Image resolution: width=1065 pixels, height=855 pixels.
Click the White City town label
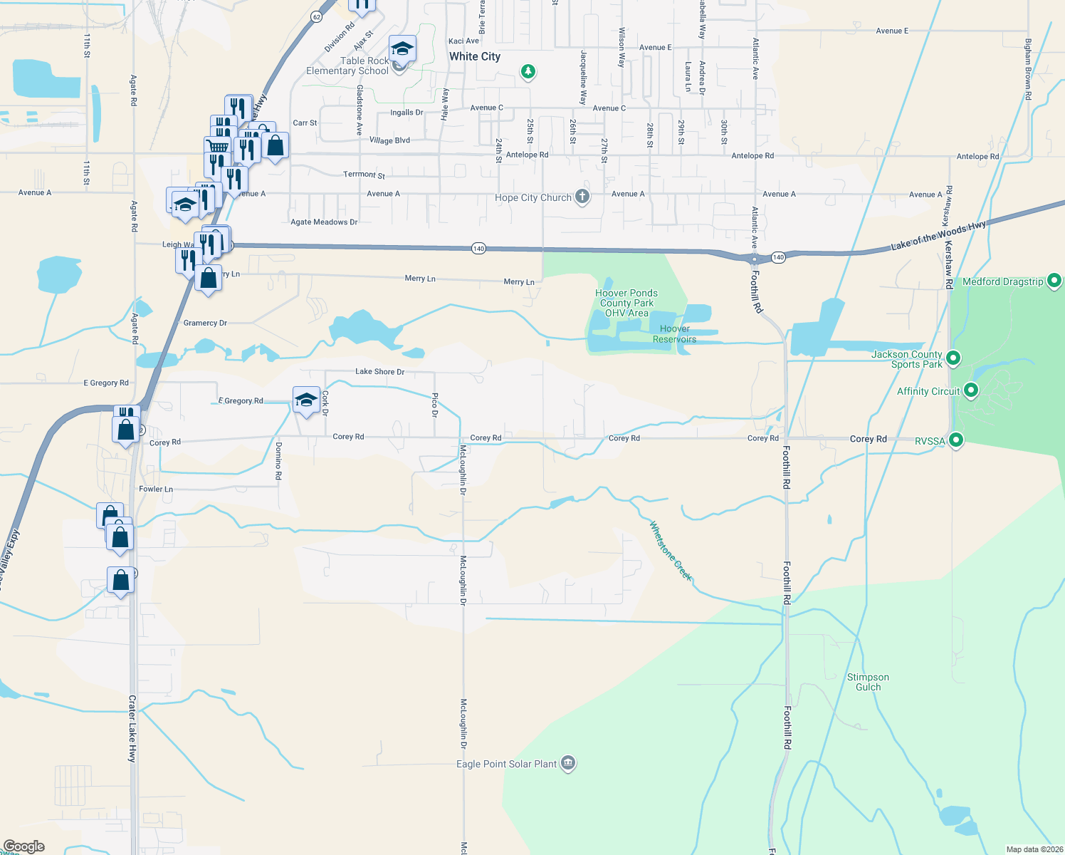coord(475,56)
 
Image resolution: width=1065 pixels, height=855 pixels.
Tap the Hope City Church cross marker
coord(582,197)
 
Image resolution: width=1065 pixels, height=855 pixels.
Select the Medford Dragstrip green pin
coord(1055,281)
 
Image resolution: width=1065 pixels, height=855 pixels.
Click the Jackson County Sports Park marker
coord(954,358)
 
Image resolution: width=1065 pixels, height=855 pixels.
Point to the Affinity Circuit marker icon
coord(970,390)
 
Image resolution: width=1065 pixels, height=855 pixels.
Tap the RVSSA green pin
coord(956,440)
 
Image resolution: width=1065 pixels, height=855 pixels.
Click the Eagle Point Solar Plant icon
coord(568,764)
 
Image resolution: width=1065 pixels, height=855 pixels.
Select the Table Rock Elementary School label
coord(348,66)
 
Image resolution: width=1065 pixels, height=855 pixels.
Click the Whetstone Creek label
coord(671,551)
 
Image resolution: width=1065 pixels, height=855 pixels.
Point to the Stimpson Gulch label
coord(868,682)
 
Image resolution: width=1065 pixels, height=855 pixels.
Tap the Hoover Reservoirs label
coord(674,333)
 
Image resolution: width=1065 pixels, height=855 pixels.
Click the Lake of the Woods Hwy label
coord(938,236)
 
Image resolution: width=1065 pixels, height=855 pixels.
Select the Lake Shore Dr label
coord(379,371)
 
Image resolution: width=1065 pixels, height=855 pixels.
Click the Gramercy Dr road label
coord(205,323)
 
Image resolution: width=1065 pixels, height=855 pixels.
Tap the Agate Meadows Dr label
coord(324,222)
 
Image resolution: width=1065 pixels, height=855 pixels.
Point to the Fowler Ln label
coord(156,489)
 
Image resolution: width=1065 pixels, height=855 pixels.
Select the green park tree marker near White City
coord(528,71)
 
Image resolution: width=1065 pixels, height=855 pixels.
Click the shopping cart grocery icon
coord(218,147)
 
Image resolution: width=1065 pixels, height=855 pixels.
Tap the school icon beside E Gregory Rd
coord(306,400)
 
